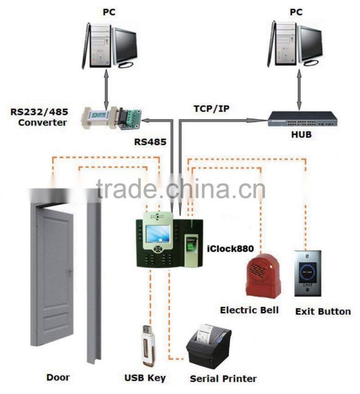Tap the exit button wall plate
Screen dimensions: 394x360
click(307, 273)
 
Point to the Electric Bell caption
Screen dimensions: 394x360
click(249, 310)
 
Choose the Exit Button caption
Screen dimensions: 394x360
click(323, 311)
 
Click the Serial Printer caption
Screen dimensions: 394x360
click(223, 378)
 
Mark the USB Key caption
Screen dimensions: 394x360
click(144, 377)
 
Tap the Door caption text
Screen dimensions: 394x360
click(58, 377)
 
